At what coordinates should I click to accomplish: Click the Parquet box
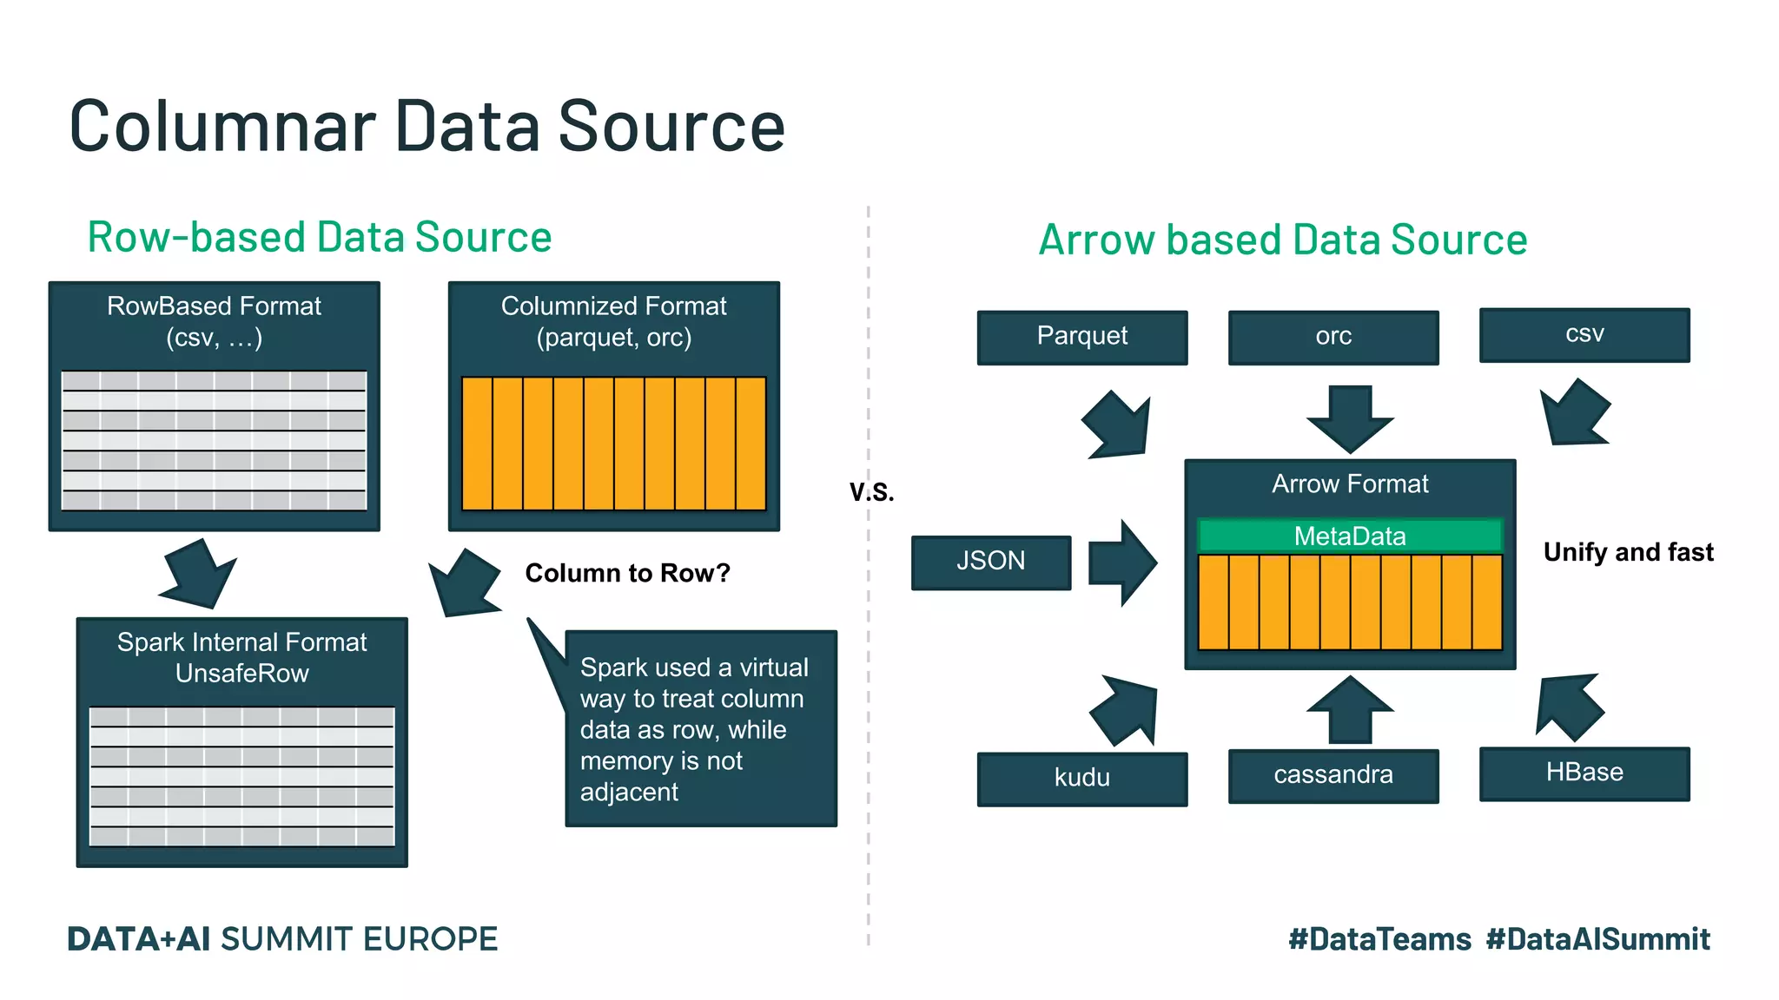[x=1081, y=337]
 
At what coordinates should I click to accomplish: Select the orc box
[x=1333, y=337]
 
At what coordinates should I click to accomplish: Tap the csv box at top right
[x=1584, y=334]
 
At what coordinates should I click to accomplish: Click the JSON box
[x=990, y=562]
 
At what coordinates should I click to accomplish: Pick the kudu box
[x=1081, y=778]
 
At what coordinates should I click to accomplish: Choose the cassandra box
[x=1333, y=775]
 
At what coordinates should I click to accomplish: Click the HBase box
[x=1584, y=773]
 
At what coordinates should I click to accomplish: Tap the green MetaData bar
[x=1349, y=536]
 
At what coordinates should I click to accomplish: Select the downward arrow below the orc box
[x=1350, y=418]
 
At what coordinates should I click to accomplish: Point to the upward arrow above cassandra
[x=1350, y=709]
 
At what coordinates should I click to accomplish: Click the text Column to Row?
[x=627, y=573]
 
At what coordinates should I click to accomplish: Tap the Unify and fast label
[x=1628, y=552]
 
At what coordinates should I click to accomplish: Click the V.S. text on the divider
[x=871, y=492]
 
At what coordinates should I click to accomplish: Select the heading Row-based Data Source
[x=319, y=237]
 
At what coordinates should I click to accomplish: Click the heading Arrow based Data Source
[x=1282, y=240]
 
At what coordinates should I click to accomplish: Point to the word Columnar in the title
[x=222, y=127]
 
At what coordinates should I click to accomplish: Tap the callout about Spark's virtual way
[x=700, y=728]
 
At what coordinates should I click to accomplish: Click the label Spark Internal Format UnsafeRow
[x=241, y=657]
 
